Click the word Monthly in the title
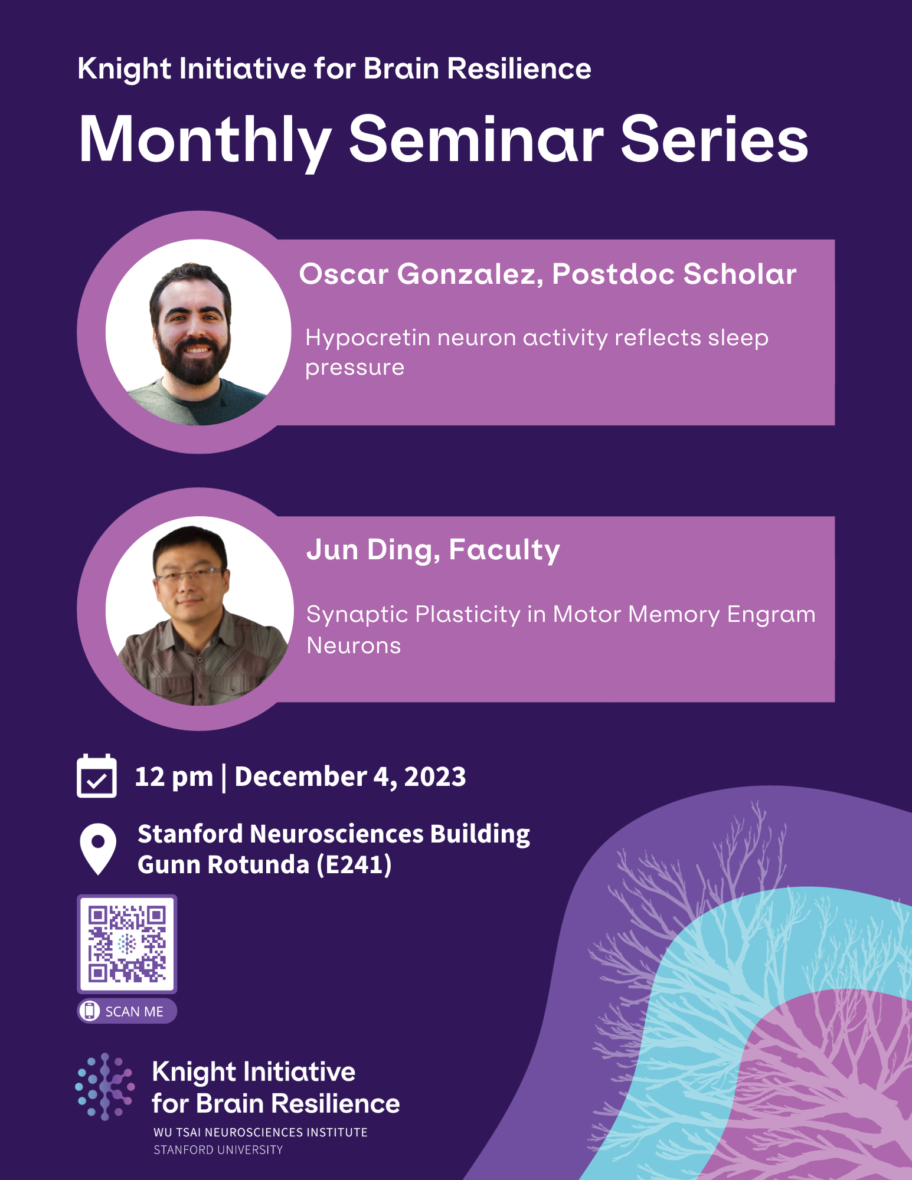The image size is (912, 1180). pyautogui.click(x=204, y=140)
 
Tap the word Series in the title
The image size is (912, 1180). pyautogui.click(x=714, y=140)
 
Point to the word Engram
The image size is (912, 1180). pyautogui.click(x=770, y=615)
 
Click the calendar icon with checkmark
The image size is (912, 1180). pyautogui.click(x=97, y=776)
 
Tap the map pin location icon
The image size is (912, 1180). pyautogui.click(x=98, y=848)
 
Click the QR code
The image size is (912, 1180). pyautogui.click(x=127, y=944)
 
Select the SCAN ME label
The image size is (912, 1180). pyautogui.click(x=134, y=1011)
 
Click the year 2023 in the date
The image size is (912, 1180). pyautogui.click(x=434, y=776)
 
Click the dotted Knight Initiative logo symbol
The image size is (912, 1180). pyautogui.click(x=105, y=1086)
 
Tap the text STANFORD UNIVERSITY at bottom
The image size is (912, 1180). pyautogui.click(x=218, y=1150)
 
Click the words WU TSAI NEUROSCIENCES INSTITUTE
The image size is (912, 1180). pyautogui.click(x=260, y=1132)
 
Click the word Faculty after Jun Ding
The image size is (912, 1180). pyautogui.click(x=504, y=550)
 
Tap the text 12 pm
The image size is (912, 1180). pyautogui.click(x=174, y=776)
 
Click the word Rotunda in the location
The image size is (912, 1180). pyautogui.click(x=258, y=865)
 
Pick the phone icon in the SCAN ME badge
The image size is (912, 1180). pyautogui.click(x=89, y=1011)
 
